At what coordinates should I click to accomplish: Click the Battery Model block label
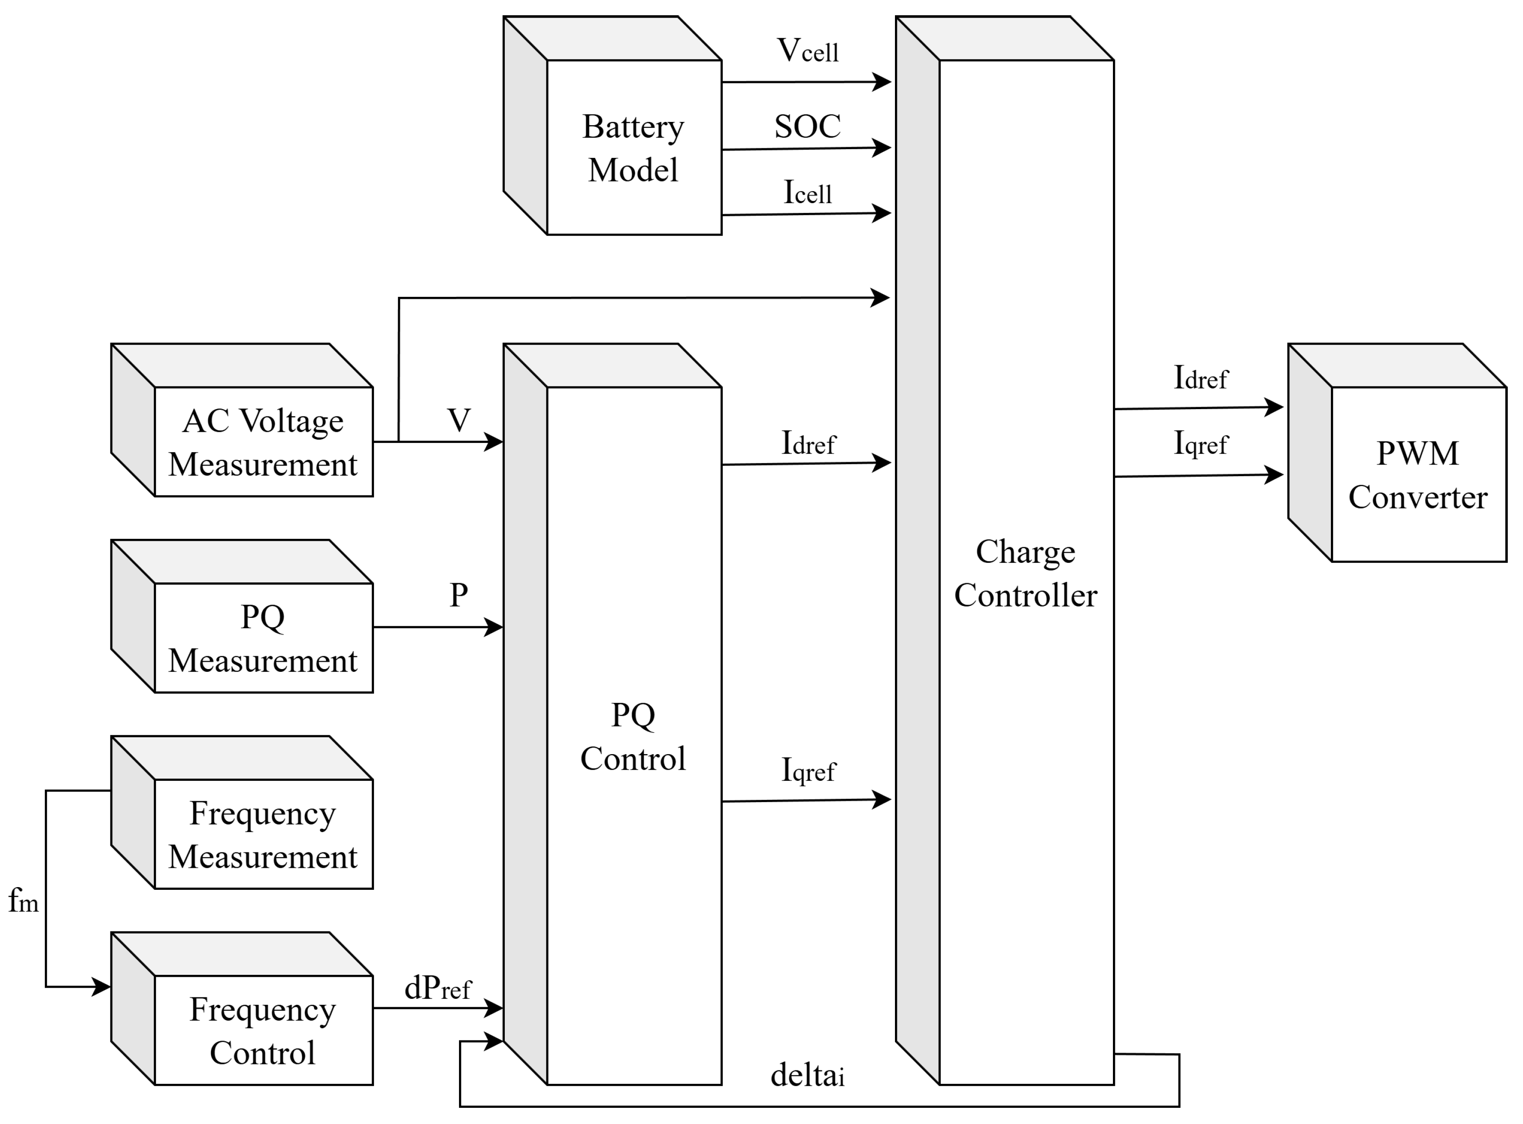(x=633, y=148)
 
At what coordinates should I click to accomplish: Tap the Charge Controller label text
(x=1025, y=574)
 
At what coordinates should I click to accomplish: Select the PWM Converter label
(x=1418, y=475)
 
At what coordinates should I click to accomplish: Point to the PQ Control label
(x=633, y=737)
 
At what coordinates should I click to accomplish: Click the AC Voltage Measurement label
(x=263, y=443)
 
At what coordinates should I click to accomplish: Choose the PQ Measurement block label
(x=263, y=639)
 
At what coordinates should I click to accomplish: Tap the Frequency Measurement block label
(x=263, y=835)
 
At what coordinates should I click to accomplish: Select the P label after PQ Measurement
(x=459, y=595)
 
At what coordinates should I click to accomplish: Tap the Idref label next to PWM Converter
(x=1201, y=378)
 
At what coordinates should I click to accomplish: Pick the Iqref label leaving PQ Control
(x=808, y=770)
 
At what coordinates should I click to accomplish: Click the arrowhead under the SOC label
(x=882, y=147)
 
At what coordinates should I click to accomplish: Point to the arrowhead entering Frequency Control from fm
(x=101, y=986)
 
